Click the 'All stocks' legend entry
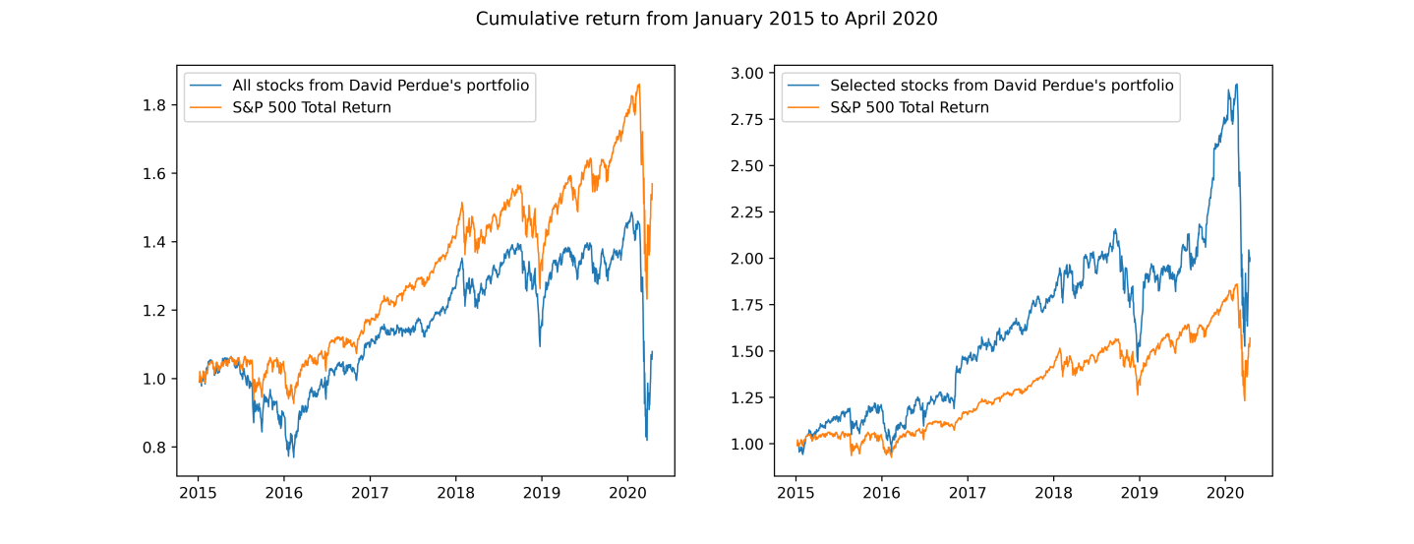(380, 86)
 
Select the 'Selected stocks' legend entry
(1001, 86)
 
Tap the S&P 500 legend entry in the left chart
(311, 107)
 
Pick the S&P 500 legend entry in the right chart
(909, 107)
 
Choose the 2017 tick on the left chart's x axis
(370, 492)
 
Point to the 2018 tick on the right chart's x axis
(1053, 492)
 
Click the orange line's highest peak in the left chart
(639, 85)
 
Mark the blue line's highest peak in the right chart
(1236, 84)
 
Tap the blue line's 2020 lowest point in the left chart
(646, 439)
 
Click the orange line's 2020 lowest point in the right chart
(1244, 400)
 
